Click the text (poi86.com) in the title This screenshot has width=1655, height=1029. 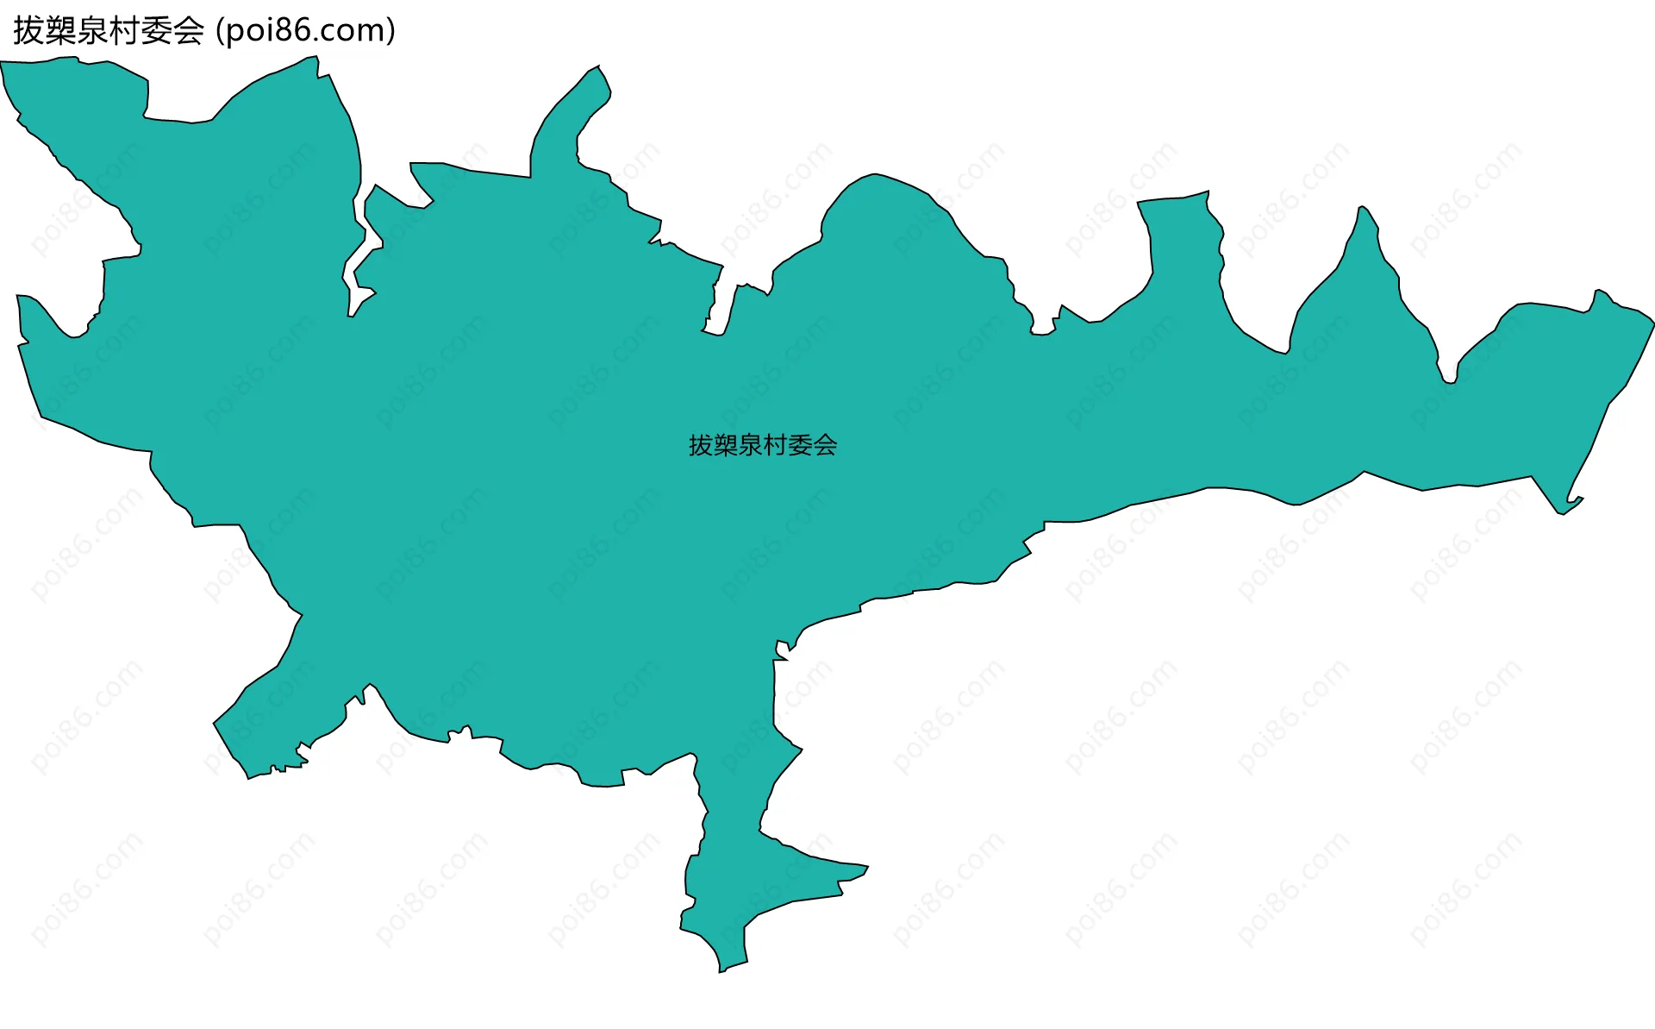pyautogui.click(x=305, y=31)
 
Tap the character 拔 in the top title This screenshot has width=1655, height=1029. pyautogui.click(x=28, y=31)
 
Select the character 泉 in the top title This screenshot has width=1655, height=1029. pyautogui.click(x=92, y=31)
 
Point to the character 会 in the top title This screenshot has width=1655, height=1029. pyautogui.click(x=188, y=31)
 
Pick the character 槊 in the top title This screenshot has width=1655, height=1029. pyautogui.click(x=60, y=31)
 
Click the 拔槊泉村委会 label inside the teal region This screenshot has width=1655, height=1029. pyautogui.click(x=763, y=445)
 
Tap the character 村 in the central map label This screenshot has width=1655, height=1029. pyautogui.click(x=775, y=445)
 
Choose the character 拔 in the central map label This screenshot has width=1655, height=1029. pyautogui.click(x=701, y=445)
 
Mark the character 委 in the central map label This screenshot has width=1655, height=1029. pyautogui.click(x=800, y=445)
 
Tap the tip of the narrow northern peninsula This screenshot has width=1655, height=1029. pyautogui.click(x=598, y=67)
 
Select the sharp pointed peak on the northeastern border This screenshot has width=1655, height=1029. pyautogui.click(x=1362, y=208)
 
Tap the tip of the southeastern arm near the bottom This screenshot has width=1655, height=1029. pyautogui.click(x=866, y=867)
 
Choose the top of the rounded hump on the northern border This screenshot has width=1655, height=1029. pyautogui.click(x=875, y=176)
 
